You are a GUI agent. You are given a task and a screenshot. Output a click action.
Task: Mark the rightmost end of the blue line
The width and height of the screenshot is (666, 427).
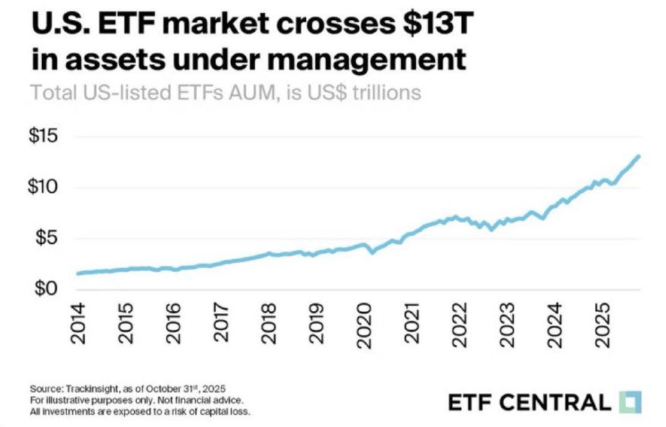(x=639, y=155)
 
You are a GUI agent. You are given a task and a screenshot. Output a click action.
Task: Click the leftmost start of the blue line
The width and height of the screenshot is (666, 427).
(x=77, y=273)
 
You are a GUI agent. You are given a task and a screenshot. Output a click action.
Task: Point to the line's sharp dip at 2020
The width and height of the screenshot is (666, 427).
(x=372, y=252)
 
